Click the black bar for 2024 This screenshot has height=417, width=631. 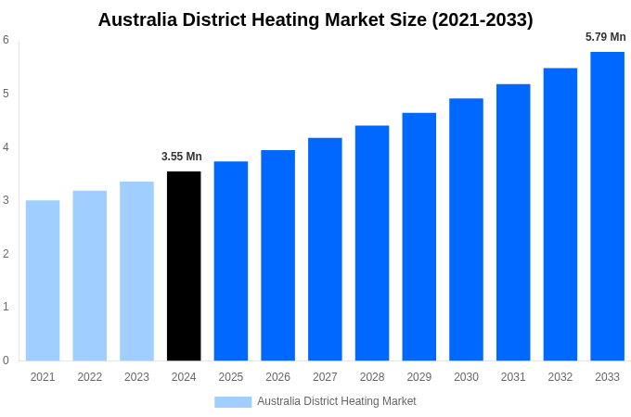point(184,266)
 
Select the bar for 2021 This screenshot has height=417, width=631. point(43,280)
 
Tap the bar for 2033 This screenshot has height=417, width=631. point(607,206)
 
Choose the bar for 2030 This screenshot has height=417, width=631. point(466,229)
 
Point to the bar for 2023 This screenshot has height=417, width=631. point(136,271)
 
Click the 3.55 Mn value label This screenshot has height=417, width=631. point(182,157)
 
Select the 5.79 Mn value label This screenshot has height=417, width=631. point(605,37)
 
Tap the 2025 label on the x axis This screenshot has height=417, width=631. point(231,377)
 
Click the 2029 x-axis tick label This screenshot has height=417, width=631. point(419,377)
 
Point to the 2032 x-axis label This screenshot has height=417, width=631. point(560,377)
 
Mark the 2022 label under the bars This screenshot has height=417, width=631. point(90,377)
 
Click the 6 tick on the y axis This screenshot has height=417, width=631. point(6,40)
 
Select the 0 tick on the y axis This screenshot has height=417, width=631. point(6,360)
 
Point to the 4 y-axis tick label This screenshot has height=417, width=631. point(6,146)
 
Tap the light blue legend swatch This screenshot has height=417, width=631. point(233,401)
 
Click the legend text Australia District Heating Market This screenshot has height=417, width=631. point(337,401)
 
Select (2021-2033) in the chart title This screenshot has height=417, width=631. point(482,19)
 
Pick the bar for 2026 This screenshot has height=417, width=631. point(277,255)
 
